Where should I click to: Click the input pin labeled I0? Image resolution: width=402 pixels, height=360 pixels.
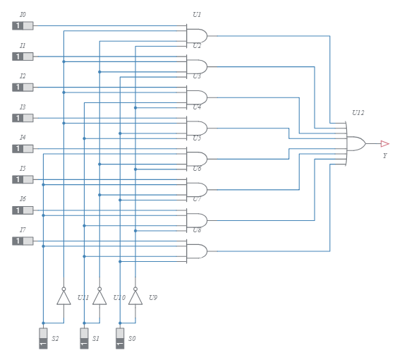[x=23, y=26]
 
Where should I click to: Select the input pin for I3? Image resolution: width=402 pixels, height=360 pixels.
[x=23, y=118]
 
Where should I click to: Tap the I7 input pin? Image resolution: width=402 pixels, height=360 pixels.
[x=23, y=241]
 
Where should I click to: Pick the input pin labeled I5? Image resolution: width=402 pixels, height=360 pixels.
[x=23, y=179]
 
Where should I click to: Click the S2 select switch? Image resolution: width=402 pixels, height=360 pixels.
[x=43, y=338]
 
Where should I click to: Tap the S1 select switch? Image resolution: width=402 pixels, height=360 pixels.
[x=84, y=338]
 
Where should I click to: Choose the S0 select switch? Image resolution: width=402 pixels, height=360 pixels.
[x=120, y=338]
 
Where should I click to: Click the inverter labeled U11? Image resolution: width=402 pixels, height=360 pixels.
[x=63, y=297]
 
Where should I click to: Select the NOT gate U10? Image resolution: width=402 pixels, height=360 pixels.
[x=99, y=297]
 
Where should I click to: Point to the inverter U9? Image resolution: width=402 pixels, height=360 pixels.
[x=135, y=297]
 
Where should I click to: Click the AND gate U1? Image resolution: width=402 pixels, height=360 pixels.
[x=197, y=36]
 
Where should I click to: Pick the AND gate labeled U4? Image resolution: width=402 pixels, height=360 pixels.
[x=197, y=128]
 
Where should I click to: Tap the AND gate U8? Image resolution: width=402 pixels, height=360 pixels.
[x=197, y=251]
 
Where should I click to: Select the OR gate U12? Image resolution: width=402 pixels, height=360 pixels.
[x=355, y=143]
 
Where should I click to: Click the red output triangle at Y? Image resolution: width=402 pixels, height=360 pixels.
[x=384, y=143]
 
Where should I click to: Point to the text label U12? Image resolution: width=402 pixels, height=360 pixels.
[x=358, y=113]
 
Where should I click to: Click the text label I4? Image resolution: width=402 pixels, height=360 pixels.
[x=23, y=138]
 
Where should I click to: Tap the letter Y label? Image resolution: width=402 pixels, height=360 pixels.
[x=384, y=156]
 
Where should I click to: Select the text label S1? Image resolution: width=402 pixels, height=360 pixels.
[x=96, y=339]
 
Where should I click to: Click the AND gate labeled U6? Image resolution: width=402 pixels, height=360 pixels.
[x=197, y=189]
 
